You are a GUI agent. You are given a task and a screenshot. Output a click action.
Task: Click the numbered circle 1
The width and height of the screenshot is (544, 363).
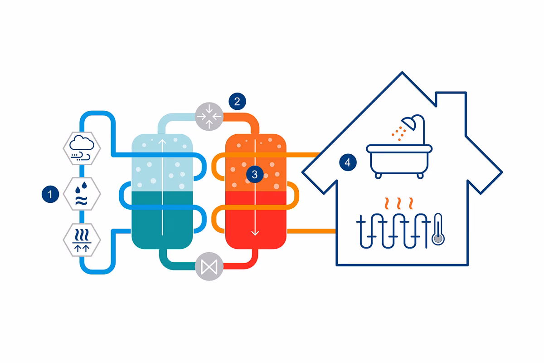pyautogui.click(x=51, y=195)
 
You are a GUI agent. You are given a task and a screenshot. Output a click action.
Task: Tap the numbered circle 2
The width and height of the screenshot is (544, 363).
pyautogui.click(x=238, y=101)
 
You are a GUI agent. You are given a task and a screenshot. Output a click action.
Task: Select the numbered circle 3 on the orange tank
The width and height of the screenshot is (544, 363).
pyautogui.click(x=255, y=174)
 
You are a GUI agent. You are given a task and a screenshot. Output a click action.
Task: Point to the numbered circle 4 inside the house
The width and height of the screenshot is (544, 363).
pyautogui.click(x=348, y=163)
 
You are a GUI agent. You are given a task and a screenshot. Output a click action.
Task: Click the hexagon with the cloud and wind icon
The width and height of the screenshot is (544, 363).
pyautogui.click(x=82, y=148)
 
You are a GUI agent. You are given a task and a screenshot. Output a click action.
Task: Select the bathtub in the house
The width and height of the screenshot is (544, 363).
pyautogui.click(x=399, y=159)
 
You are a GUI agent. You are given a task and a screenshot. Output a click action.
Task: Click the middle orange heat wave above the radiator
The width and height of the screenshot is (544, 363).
pyautogui.click(x=398, y=201)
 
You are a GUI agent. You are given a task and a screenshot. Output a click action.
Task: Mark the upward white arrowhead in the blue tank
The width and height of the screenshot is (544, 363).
pyautogui.click(x=162, y=141)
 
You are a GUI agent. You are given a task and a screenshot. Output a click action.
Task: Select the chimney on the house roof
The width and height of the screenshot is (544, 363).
pyautogui.click(x=451, y=104)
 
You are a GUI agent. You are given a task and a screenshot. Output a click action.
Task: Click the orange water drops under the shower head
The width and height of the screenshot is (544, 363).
pyautogui.click(x=399, y=131)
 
